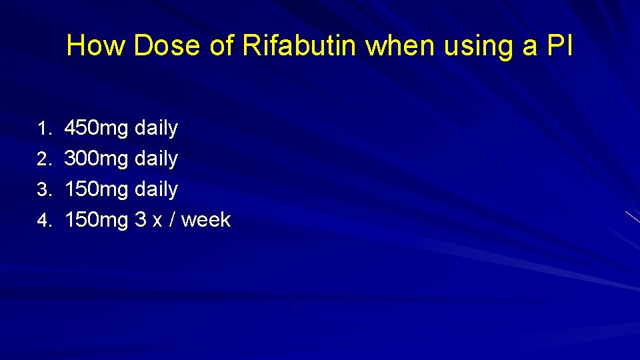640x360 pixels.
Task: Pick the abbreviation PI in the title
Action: pyautogui.click(x=558, y=46)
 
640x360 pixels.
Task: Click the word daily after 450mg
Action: pyautogui.click(x=156, y=129)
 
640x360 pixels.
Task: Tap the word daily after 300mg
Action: pyautogui.click(x=156, y=159)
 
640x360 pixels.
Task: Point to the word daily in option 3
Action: pyautogui.click(x=156, y=190)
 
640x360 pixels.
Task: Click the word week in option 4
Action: pyautogui.click(x=205, y=220)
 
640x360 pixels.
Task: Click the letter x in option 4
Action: pyautogui.click(x=157, y=221)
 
